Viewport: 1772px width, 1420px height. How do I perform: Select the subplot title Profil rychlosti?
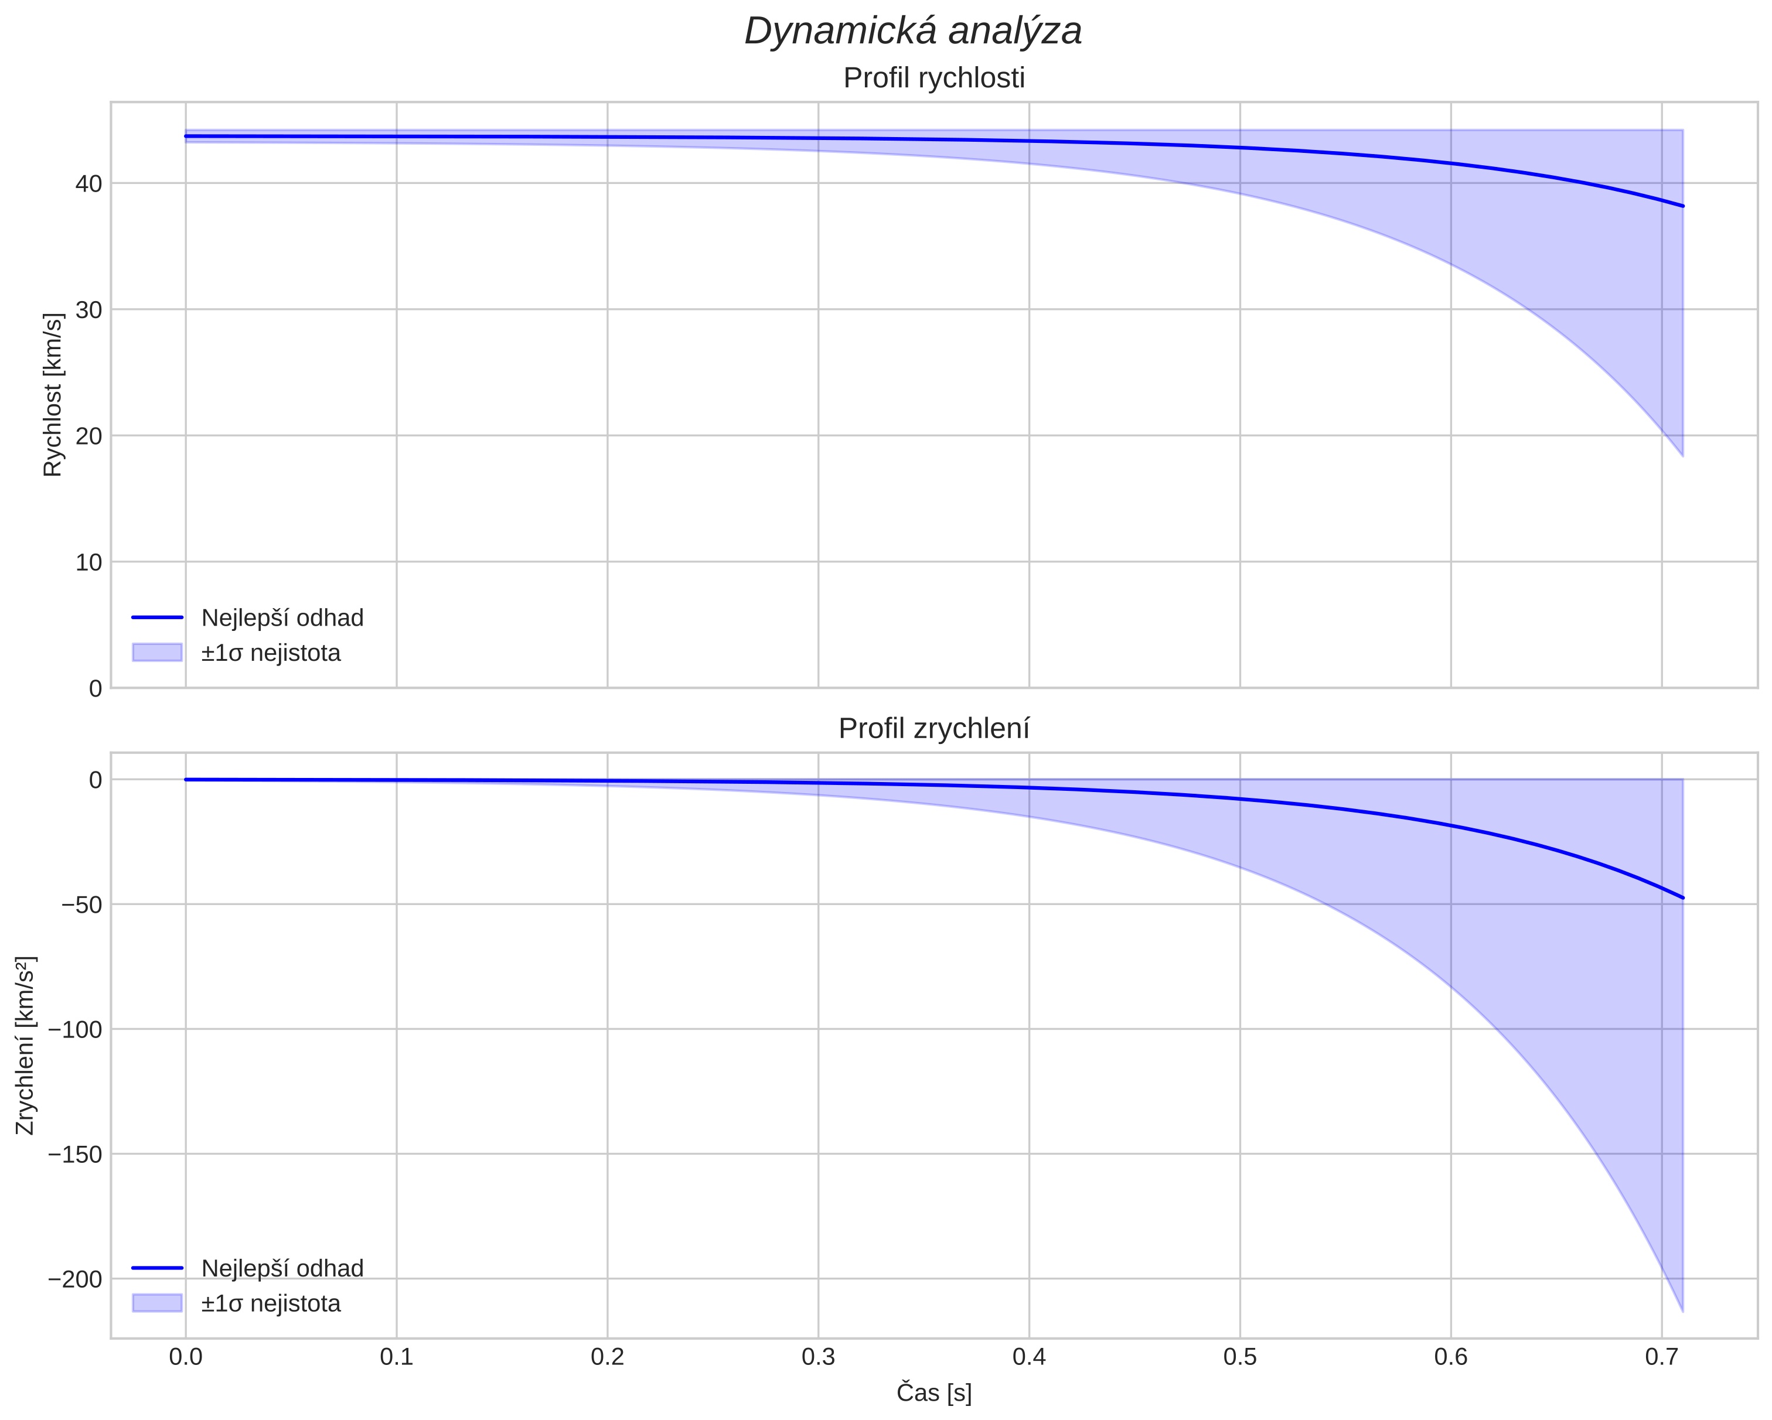(x=933, y=78)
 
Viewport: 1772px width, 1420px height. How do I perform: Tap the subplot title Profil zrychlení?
(x=933, y=729)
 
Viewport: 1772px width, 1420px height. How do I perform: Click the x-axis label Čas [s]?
(x=933, y=1394)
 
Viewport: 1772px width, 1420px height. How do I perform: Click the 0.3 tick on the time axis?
(x=818, y=1357)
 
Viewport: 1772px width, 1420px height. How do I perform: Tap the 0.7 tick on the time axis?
(x=1661, y=1357)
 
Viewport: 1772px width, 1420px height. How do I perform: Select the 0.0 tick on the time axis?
(x=186, y=1357)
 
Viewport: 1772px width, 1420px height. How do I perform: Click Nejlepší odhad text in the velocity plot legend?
(x=282, y=618)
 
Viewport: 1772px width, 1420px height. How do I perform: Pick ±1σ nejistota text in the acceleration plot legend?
(x=270, y=1304)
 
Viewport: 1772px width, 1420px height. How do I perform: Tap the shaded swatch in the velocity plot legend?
(x=157, y=653)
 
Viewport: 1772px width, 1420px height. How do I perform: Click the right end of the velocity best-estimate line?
(x=1682, y=206)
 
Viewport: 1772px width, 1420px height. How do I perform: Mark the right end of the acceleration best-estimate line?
(x=1682, y=898)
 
